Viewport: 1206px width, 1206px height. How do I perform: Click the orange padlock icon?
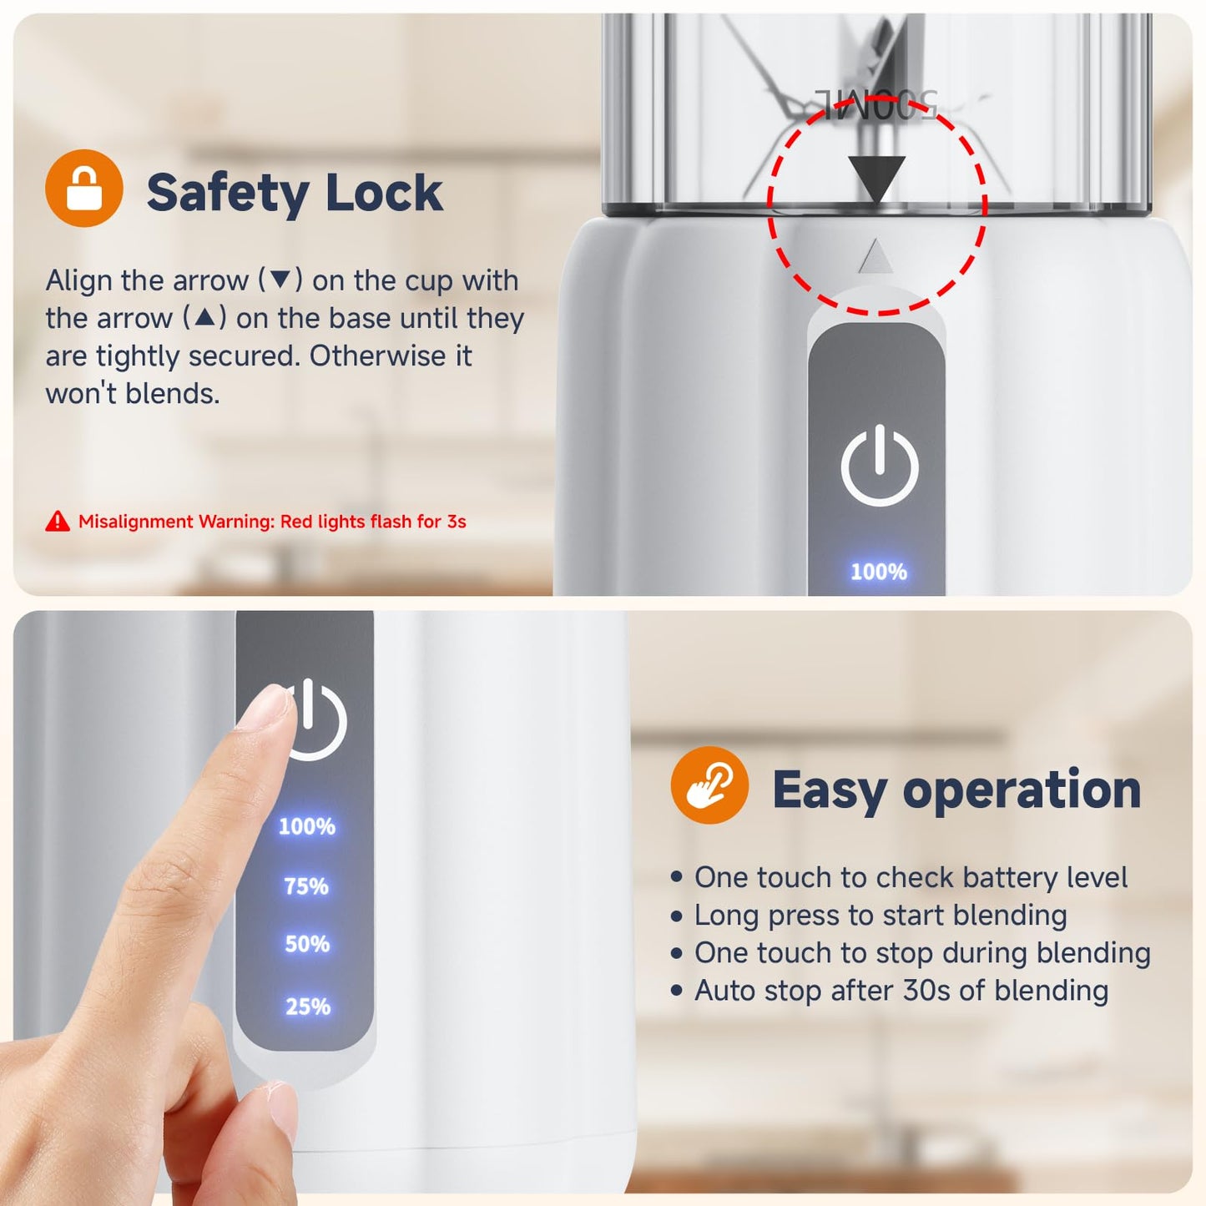[x=83, y=188]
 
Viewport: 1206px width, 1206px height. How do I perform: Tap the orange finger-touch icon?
[x=709, y=785]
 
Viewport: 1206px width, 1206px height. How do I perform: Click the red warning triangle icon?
[x=58, y=521]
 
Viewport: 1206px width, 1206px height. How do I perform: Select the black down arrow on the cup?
[x=877, y=179]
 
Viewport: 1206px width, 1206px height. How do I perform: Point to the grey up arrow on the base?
[x=875, y=255]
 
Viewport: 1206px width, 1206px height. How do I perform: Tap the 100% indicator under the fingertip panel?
[x=306, y=827]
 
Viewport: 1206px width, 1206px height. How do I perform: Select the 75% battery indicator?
[x=306, y=886]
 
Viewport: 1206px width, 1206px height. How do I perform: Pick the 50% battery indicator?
[x=306, y=944]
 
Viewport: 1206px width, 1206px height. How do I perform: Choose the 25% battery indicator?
[x=308, y=1007]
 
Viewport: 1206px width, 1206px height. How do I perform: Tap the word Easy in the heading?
[x=830, y=791]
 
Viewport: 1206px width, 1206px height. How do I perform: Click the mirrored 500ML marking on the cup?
[x=875, y=103]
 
